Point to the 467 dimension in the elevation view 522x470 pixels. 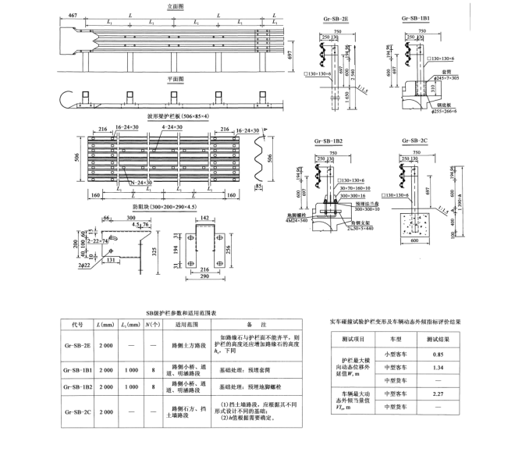pos(72,16)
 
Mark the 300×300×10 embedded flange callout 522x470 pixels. pos(363,209)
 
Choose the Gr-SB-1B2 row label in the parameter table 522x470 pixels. pos(77,386)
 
